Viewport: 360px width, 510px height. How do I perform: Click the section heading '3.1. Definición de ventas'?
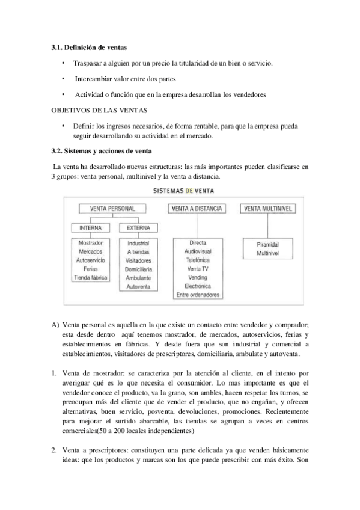click(x=89, y=47)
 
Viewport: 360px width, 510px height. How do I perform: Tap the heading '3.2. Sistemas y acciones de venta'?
click(x=102, y=150)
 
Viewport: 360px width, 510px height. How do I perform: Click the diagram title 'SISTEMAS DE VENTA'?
click(x=183, y=191)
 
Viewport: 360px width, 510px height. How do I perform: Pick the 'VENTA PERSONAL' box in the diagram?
click(x=112, y=209)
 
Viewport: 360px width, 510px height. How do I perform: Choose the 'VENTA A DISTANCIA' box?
click(x=197, y=209)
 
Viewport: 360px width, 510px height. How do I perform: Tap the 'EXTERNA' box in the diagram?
click(x=138, y=228)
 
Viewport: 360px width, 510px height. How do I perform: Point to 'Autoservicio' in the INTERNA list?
click(x=90, y=260)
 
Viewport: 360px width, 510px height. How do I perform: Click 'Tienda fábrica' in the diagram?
click(x=90, y=278)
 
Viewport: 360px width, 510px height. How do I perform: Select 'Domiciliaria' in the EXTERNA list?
click(x=138, y=269)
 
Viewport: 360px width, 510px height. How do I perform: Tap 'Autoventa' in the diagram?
click(x=138, y=287)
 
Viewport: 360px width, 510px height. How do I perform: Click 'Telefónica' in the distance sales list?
click(x=198, y=260)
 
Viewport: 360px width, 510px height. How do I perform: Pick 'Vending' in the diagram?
click(x=198, y=278)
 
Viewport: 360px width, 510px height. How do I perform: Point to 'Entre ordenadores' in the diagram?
click(x=198, y=295)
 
